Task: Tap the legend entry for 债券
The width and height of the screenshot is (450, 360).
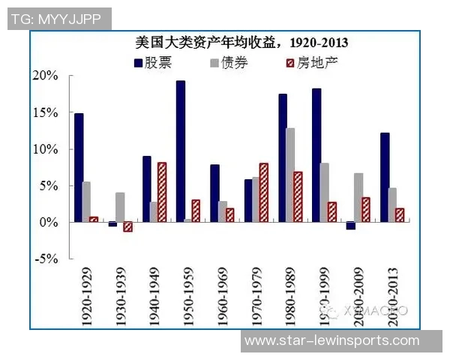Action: pos(229,63)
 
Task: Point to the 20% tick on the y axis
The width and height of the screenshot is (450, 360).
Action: pos(46,76)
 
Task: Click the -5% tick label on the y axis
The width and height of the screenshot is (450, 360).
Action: pos(46,259)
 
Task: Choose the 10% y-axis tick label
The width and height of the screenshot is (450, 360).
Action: pos(46,149)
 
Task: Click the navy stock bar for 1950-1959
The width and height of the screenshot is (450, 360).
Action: pos(181,151)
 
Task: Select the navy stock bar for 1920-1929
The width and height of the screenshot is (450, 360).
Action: pos(79,167)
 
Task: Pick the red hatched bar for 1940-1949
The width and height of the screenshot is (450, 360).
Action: pos(162,192)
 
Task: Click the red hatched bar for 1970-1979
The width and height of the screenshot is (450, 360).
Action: pos(263,192)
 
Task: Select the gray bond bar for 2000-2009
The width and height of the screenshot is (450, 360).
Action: pos(358,197)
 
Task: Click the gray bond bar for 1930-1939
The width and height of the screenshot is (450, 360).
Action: pos(121,207)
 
